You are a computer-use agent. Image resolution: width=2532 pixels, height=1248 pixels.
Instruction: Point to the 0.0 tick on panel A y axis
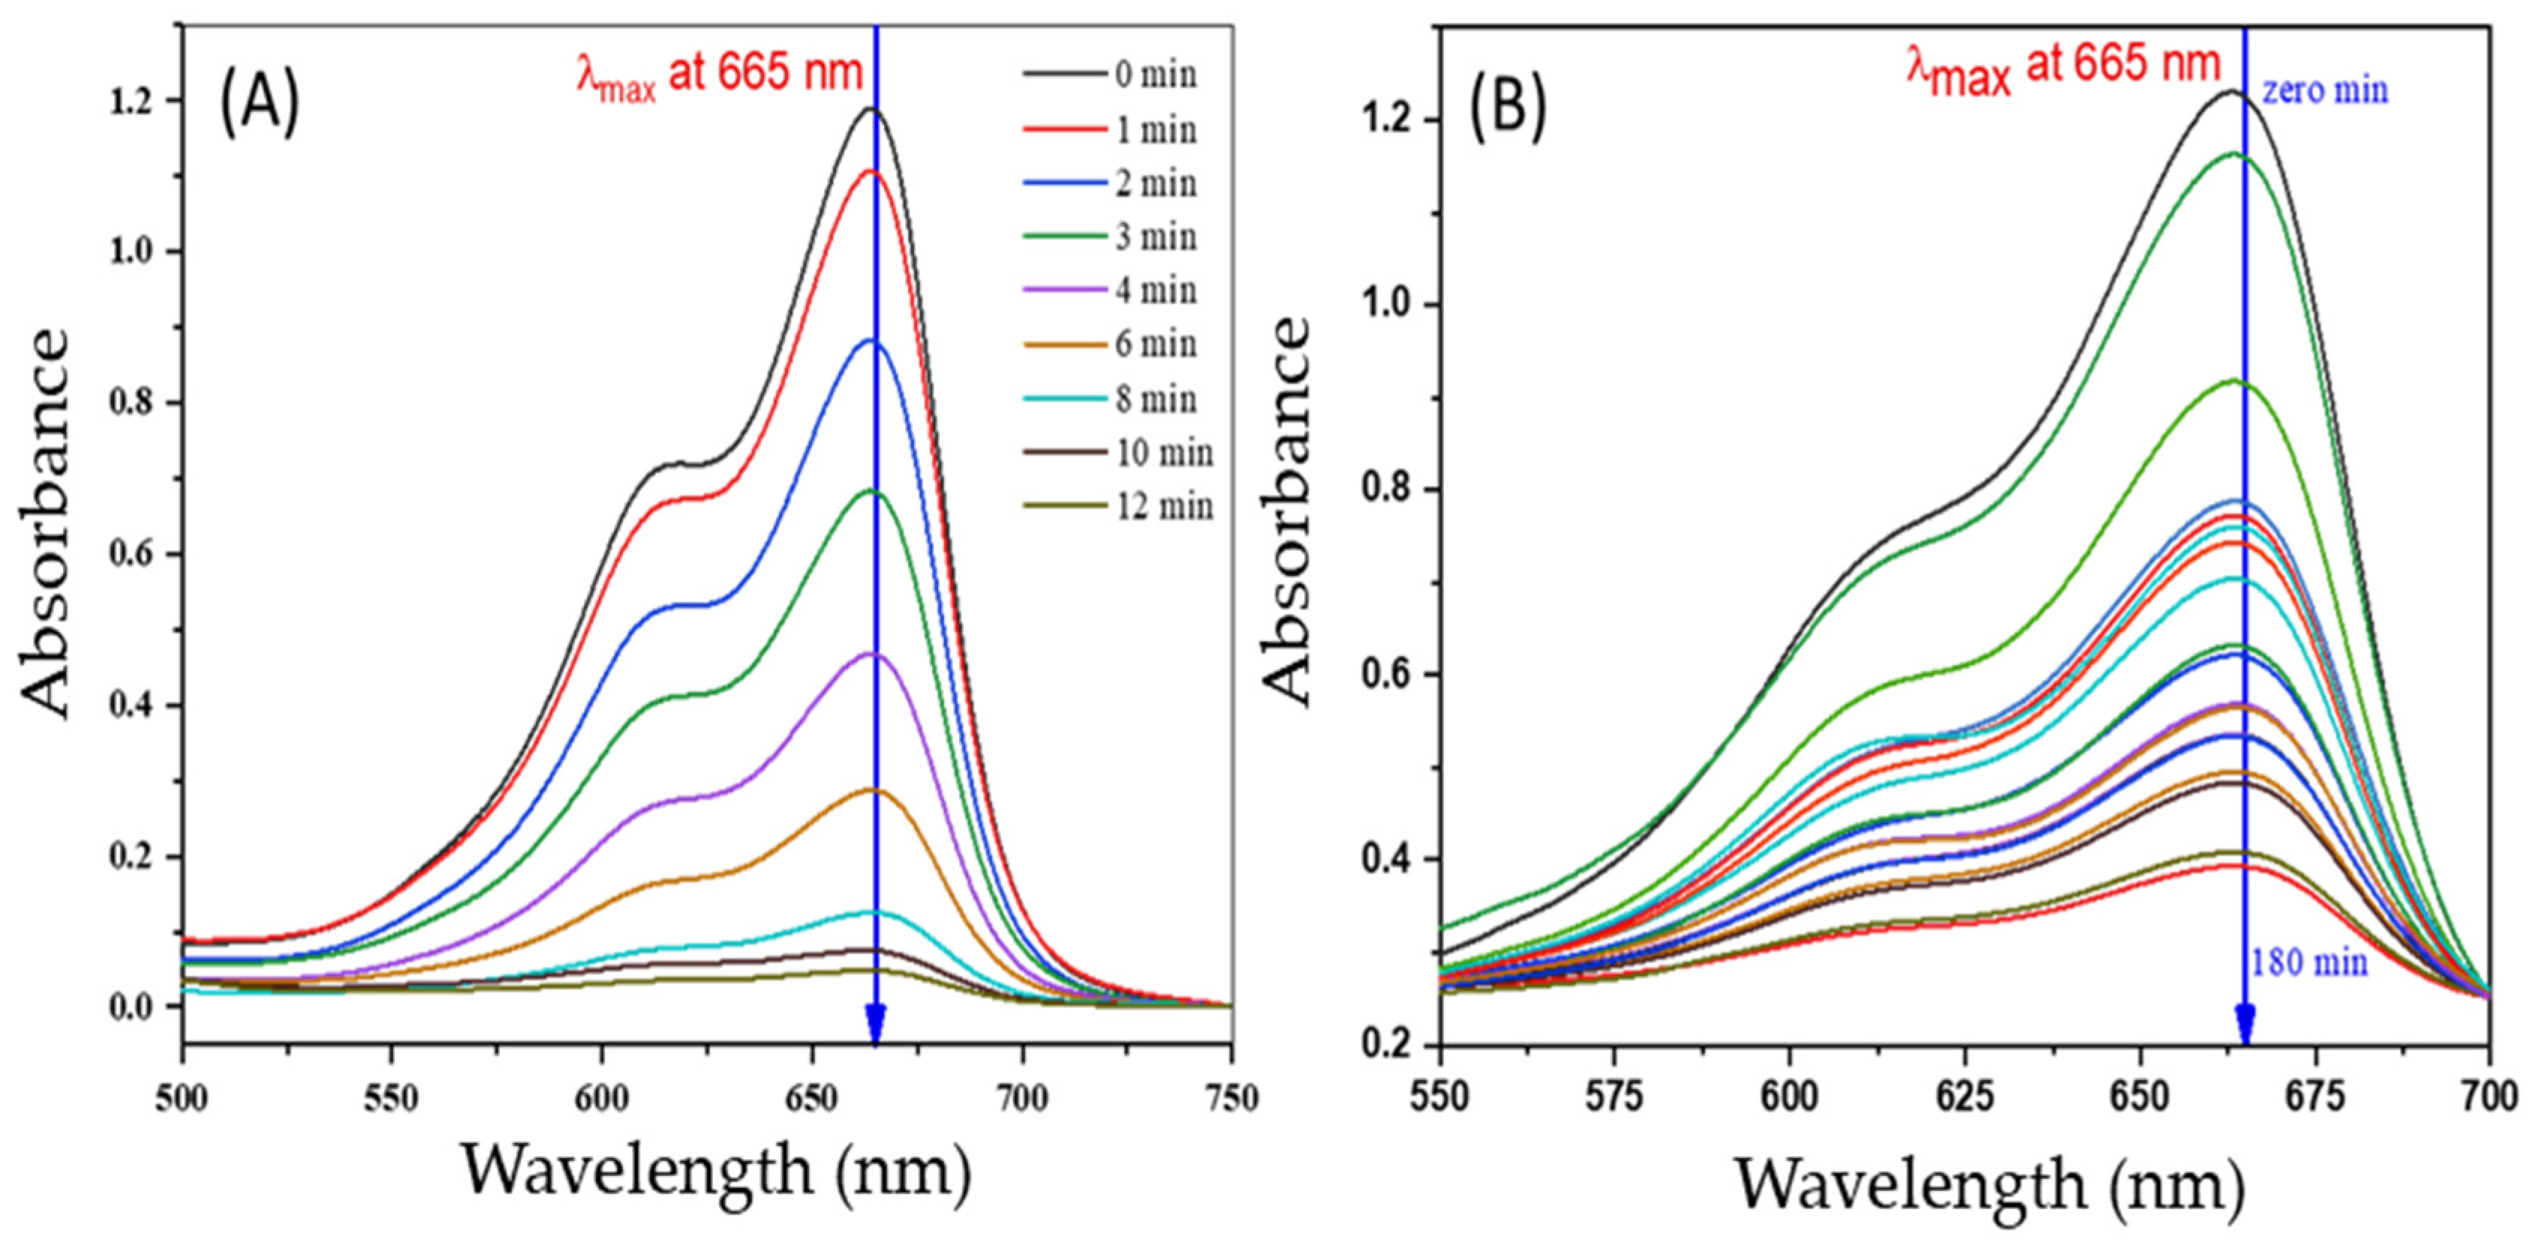pos(131,1008)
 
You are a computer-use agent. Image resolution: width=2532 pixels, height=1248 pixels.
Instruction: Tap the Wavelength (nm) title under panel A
pos(716,1171)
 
